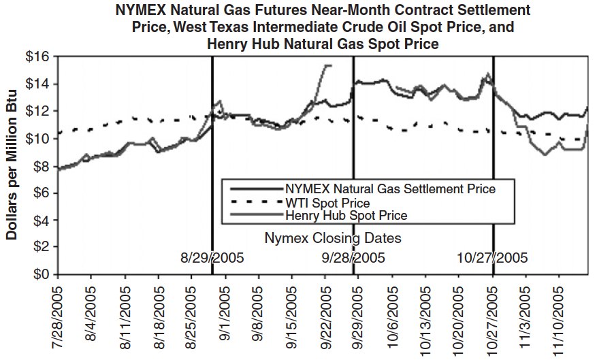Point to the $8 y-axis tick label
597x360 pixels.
(x=42, y=165)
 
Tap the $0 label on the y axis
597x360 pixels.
(x=42, y=274)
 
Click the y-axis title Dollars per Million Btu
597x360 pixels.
(x=12, y=166)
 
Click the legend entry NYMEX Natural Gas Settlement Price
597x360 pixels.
(x=390, y=189)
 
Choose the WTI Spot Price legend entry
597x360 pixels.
(x=327, y=203)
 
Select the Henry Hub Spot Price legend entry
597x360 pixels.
(x=346, y=216)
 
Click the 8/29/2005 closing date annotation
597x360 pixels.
(x=212, y=259)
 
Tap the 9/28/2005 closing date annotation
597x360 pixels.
(x=353, y=259)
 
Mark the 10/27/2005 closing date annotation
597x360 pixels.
(x=491, y=259)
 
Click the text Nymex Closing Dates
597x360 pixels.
(x=332, y=238)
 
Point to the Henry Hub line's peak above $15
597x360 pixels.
(x=327, y=65)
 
